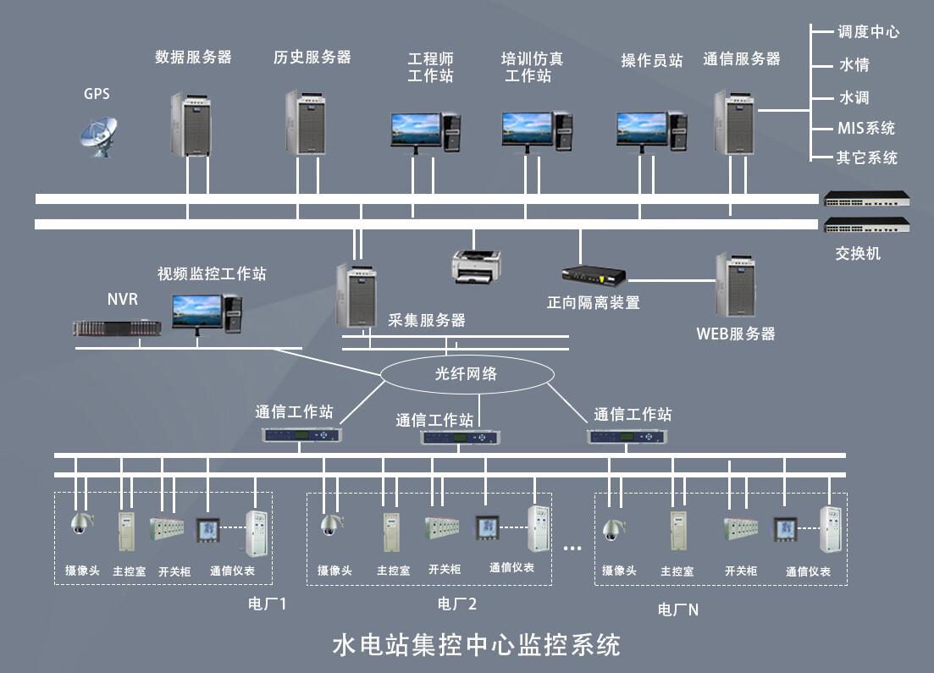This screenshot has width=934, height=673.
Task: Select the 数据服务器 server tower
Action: click(191, 124)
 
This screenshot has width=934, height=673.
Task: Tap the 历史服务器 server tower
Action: click(305, 123)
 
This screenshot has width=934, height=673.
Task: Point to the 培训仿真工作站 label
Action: click(532, 67)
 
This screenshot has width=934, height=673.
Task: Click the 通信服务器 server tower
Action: click(733, 123)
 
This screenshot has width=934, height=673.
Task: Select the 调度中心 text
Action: click(867, 32)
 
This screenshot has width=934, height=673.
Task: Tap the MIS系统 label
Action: click(865, 129)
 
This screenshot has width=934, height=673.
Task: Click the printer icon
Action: click(476, 265)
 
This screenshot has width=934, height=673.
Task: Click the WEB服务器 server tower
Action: click(734, 285)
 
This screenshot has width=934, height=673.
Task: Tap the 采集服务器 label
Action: click(427, 321)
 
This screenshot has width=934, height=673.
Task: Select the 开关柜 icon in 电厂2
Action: click(442, 528)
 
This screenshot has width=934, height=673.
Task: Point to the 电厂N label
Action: click(678, 610)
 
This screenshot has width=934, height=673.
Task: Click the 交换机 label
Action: click(857, 253)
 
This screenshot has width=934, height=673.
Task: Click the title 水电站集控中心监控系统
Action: click(476, 644)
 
